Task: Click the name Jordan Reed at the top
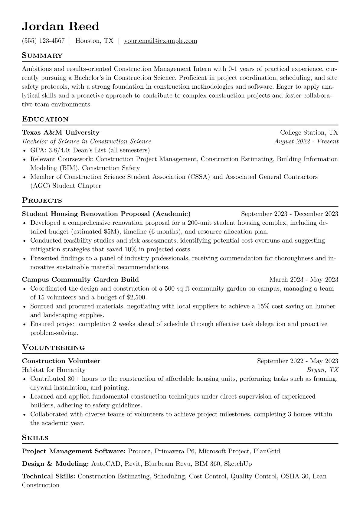point(61,26)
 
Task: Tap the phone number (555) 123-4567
point(43,41)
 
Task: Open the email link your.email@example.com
point(161,41)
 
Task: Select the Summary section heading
point(42,56)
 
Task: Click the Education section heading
point(45,119)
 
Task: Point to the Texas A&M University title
point(61,132)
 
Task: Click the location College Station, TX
point(309,132)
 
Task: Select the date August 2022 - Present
point(306,141)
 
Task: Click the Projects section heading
point(42,201)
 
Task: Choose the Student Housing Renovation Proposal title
point(106,214)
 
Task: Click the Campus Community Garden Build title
point(80,279)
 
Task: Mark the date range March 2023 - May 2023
point(304,279)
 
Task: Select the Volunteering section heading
point(54,348)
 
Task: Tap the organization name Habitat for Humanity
point(54,370)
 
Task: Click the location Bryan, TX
point(322,370)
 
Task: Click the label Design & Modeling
point(55,464)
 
